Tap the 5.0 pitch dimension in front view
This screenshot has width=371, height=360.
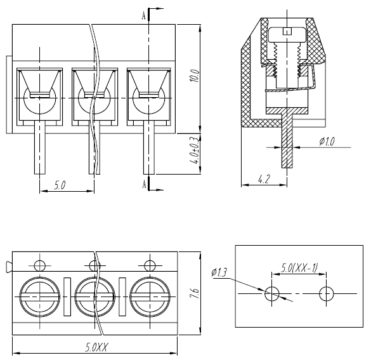click(60, 185)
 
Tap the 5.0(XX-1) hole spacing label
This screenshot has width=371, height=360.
click(299, 267)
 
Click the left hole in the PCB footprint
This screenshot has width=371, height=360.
click(272, 293)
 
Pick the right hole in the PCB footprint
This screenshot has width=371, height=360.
click(327, 293)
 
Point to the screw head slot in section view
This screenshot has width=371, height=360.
click(287, 31)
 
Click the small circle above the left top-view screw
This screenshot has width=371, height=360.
click(39, 265)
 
